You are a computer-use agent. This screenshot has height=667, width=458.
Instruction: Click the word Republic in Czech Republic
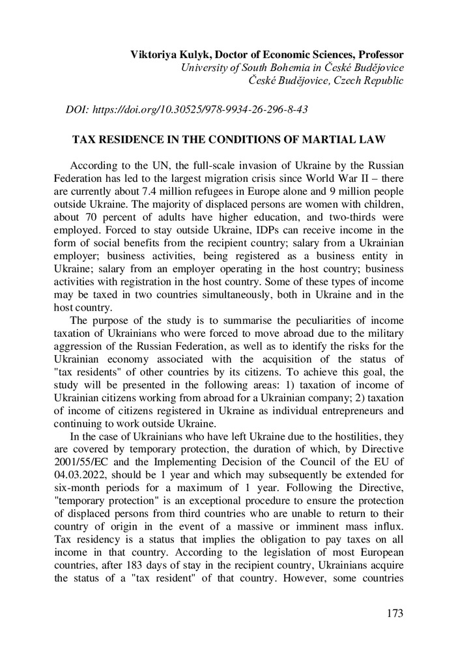click(382, 80)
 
